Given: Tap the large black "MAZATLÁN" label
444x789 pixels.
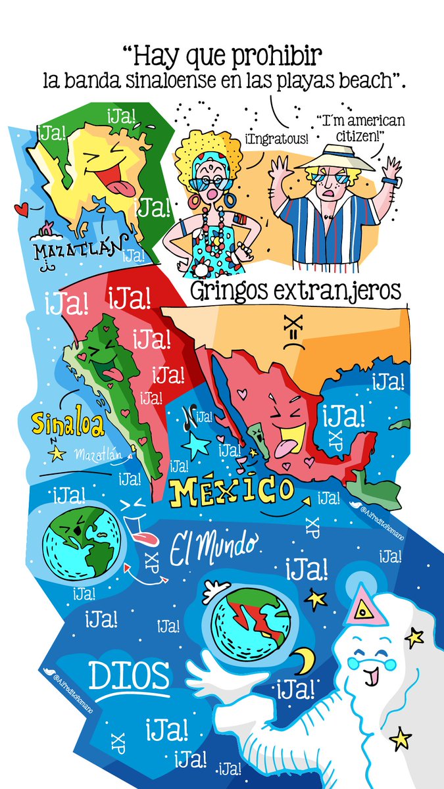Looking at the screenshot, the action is pos(80,251).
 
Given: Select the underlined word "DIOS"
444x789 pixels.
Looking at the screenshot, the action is pos(129,675).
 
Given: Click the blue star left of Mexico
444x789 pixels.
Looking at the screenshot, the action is pos(195,446).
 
